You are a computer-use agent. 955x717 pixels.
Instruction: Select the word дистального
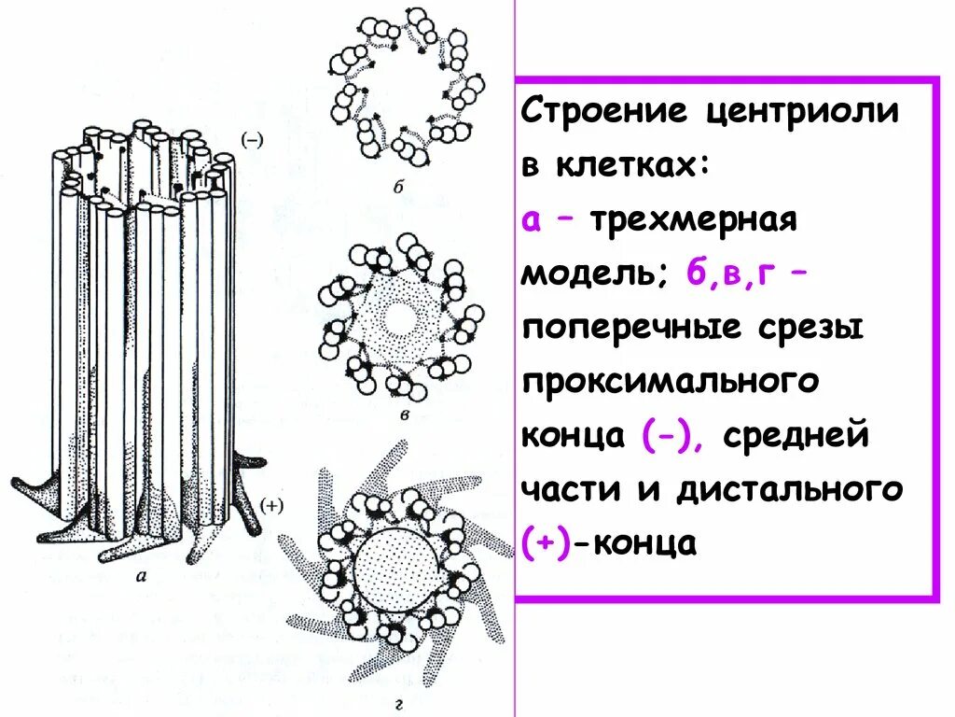[x=791, y=489]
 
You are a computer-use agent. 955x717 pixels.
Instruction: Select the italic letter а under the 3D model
[x=143, y=577]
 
